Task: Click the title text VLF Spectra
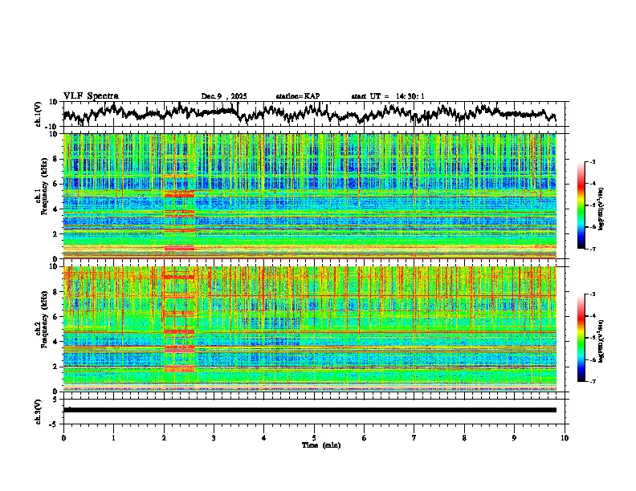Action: pyautogui.click(x=91, y=95)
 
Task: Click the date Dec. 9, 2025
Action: pyautogui.click(x=224, y=96)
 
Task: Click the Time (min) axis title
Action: pyautogui.click(x=320, y=444)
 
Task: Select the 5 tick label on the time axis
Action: pyautogui.click(x=314, y=437)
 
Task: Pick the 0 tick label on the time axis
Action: pyautogui.click(x=63, y=437)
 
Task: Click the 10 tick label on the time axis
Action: pyautogui.click(x=565, y=437)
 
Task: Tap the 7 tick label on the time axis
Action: pyautogui.click(x=414, y=437)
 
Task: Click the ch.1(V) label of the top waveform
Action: pyautogui.click(x=39, y=113)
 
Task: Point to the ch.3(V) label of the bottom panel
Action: pyautogui.click(x=39, y=409)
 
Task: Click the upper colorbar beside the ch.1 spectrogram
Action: pyautogui.click(x=587, y=206)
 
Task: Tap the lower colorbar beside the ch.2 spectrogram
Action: pyautogui.click(x=587, y=338)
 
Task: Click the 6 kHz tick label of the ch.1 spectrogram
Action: pyautogui.click(x=55, y=185)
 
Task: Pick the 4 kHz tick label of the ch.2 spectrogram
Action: pyautogui.click(x=55, y=342)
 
